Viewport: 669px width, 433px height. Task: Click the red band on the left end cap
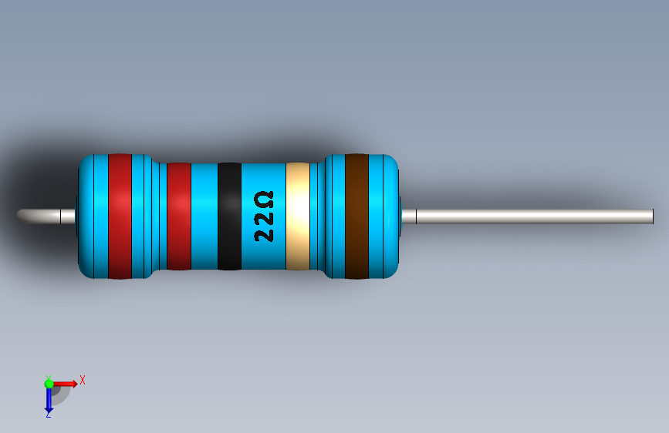(x=120, y=216)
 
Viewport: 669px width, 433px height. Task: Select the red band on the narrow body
(x=179, y=216)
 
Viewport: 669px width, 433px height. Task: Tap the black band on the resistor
(x=229, y=216)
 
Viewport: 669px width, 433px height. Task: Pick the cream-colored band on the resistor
(x=298, y=216)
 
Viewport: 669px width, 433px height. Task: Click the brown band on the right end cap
(x=356, y=216)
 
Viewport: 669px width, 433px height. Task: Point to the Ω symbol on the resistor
(x=264, y=200)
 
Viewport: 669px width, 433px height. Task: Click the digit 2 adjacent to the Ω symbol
(x=264, y=218)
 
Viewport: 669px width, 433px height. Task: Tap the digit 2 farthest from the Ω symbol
(x=264, y=235)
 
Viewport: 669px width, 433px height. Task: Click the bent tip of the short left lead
(x=21, y=215)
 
